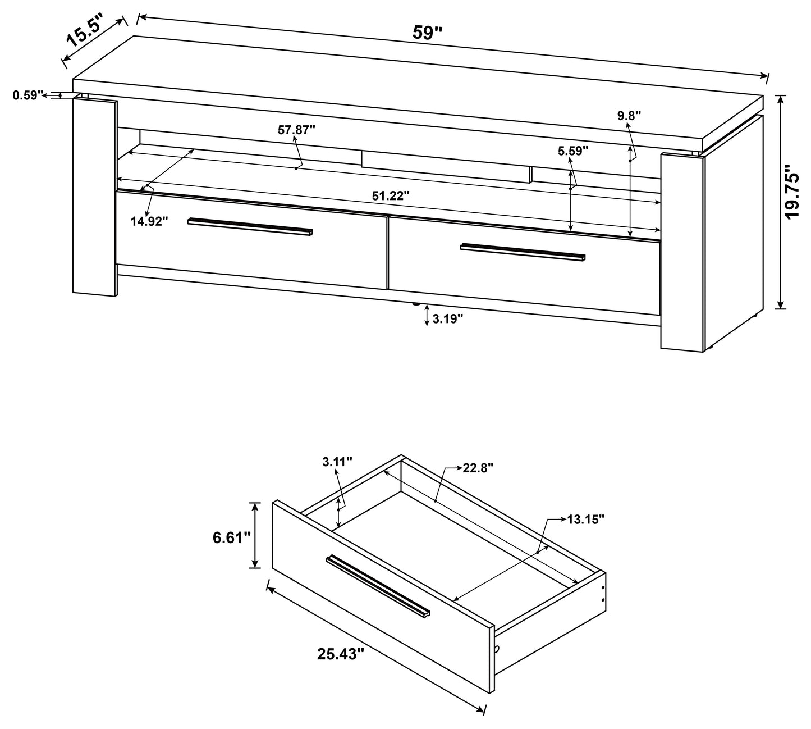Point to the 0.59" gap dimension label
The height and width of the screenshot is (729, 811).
28,95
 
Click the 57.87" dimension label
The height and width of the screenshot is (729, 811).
296,130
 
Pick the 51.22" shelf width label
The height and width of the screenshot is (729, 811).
391,195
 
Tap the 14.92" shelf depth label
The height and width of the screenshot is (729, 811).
150,221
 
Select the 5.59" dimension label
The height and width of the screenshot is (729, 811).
572,151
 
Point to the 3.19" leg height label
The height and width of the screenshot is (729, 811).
448,319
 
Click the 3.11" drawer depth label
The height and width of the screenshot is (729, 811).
337,462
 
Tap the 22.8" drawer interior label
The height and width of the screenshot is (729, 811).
477,468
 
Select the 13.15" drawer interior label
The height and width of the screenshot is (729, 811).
585,520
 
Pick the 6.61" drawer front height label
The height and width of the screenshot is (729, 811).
231,537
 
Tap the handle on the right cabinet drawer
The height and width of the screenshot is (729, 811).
523,252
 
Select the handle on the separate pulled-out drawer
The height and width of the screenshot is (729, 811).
378,586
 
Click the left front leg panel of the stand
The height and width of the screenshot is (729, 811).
95,197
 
